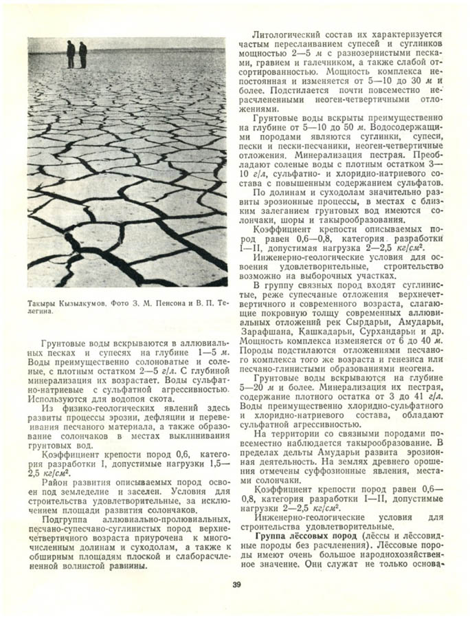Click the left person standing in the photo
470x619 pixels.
(71, 54)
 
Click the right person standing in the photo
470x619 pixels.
(83, 55)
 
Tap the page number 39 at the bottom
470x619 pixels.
(236, 585)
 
